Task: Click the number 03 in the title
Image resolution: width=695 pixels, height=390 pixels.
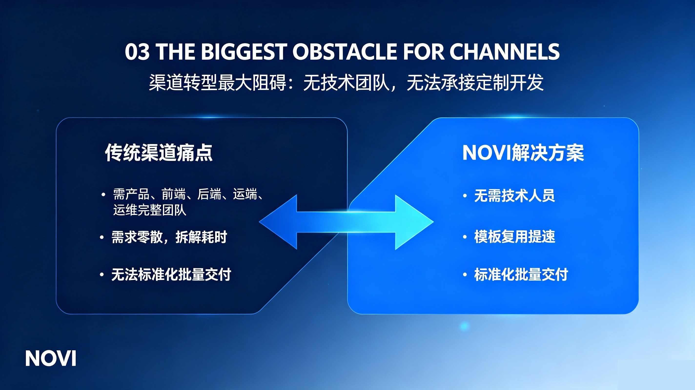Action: [137, 51]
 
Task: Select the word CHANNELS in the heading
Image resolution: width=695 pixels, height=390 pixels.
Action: [504, 51]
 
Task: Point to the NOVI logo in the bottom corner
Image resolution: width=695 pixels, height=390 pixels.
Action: [51, 358]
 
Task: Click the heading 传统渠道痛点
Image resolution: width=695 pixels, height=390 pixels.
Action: [159, 153]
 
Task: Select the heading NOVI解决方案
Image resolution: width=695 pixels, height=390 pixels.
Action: [523, 153]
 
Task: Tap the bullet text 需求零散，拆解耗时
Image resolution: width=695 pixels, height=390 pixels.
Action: [169, 237]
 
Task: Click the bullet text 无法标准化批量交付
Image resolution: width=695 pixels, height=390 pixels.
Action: [171, 275]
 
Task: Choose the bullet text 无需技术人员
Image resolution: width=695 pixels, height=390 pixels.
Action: [514, 195]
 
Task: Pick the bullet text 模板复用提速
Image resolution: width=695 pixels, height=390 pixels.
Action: [515, 237]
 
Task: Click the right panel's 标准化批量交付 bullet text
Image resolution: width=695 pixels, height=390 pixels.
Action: [521, 275]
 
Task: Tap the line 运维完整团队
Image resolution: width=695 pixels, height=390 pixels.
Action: [150, 210]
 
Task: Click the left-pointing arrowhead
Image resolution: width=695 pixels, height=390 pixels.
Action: [278, 222]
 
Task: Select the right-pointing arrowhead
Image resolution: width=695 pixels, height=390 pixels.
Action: [414, 222]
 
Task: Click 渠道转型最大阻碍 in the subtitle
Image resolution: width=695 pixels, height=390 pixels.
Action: [217, 82]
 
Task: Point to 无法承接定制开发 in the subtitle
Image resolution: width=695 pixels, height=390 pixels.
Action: [475, 82]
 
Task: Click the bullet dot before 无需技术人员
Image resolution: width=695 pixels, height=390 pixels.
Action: [465, 196]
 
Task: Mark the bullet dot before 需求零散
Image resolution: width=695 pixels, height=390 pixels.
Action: [102, 237]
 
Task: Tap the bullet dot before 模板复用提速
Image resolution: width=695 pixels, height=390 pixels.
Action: [465, 237]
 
